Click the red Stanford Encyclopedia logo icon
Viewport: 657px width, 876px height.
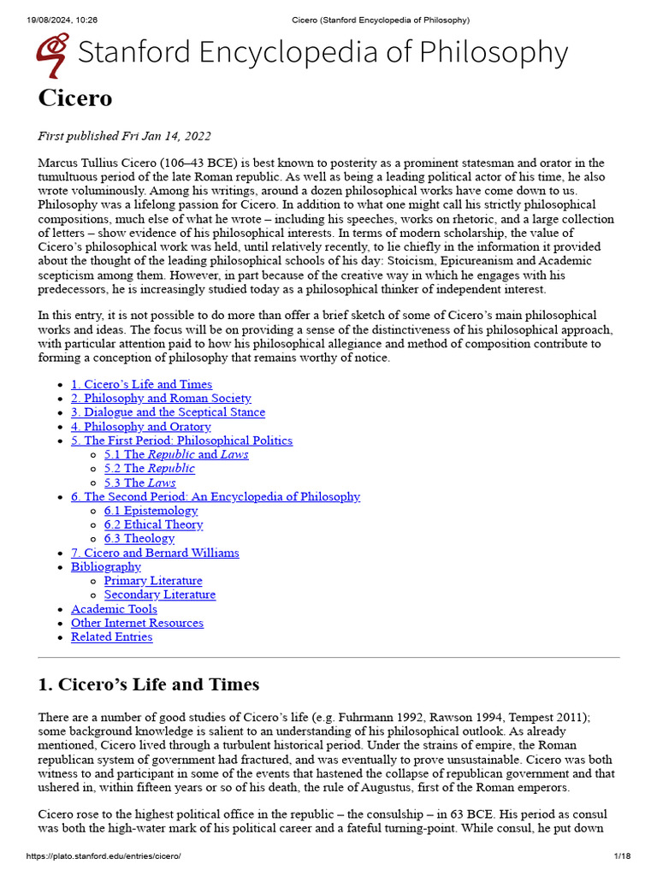coord(53,54)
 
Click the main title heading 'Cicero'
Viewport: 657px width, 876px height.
coord(75,98)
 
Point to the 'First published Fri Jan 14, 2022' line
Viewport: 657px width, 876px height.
coord(125,136)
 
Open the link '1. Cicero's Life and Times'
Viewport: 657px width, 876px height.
coord(141,384)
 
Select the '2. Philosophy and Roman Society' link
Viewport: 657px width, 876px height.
coord(161,398)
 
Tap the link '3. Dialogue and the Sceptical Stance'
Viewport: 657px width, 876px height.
coord(168,412)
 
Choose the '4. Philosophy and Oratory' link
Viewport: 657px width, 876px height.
coord(140,426)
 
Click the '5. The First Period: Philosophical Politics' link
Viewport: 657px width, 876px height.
coord(181,441)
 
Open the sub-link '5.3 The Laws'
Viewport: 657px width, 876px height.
coord(139,482)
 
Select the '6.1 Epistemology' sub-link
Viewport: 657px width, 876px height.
coord(151,511)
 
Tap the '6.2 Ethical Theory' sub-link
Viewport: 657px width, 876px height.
coord(153,524)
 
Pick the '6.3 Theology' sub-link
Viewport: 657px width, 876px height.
coord(139,538)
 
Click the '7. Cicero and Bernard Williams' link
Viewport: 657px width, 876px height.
coord(155,553)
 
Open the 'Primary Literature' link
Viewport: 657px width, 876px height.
coord(153,581)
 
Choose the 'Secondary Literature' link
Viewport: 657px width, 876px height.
coord(160,595)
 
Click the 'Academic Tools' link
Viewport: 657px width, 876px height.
coord(114,609)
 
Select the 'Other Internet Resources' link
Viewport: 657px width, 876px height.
coord(137,623)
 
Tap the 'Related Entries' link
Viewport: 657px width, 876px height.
coord(111,636)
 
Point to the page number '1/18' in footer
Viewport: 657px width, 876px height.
coord(621,856)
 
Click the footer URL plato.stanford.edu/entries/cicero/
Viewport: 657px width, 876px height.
coord(104,856)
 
